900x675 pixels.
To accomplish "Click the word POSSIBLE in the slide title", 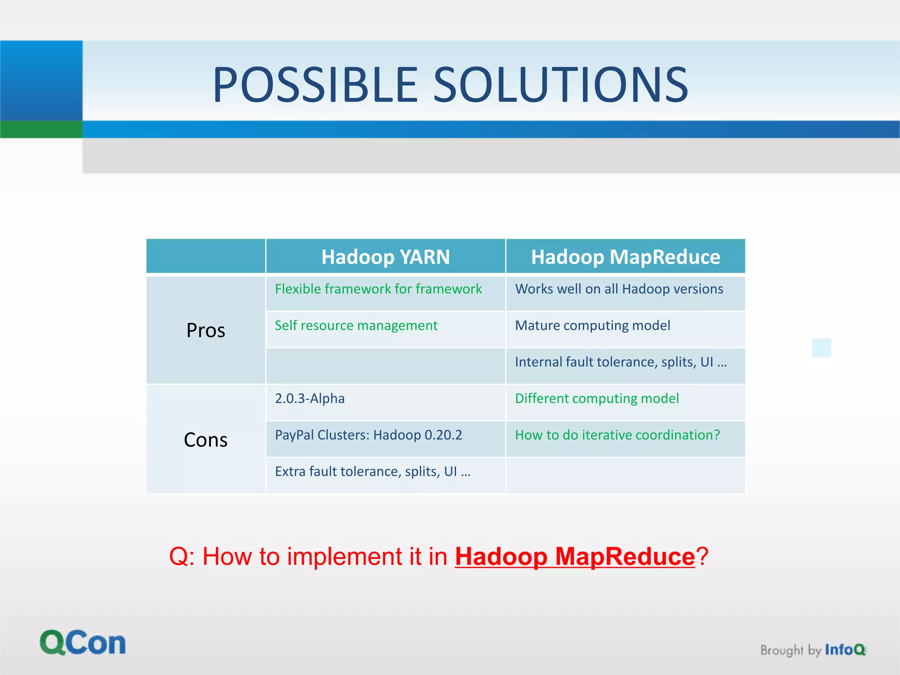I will pyautogui.click(x=315, y=84).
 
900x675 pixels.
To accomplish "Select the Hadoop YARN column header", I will pyautogui.click(x=385, y=257).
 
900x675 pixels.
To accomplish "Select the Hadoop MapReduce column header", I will pyautogui.click(x=625, y=257).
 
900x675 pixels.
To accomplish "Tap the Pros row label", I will pyautogui.click(x=206, y=330).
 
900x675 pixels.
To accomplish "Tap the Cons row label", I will pyautogui.click(x=206, y=439).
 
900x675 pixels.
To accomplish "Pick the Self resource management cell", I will pyautogui.click(x=356, y=326).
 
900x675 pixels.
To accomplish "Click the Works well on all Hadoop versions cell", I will pyautogui.click(x=619, y=289).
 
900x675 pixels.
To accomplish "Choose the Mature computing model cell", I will pyautogui.click(x=592, y=326).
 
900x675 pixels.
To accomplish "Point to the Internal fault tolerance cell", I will pyautogui.click(x=621, y=362).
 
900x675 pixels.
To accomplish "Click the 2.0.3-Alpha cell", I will pyautogui.click(x=310, y=399).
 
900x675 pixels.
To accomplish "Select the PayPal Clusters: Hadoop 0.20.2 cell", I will pyautogui.click(x=368, y=435).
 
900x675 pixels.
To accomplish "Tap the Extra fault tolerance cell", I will pyautogui.click(x=373, y=472).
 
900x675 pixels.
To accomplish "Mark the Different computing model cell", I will pyautogui.click(x=597, y=399).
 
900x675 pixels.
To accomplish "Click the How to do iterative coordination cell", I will pyautogui.click(x=617, y=435).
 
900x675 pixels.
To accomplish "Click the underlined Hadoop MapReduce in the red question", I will pyautogui.click(x=575, y=556).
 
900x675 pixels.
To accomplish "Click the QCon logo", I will pyautogui.click(x=83, y=643).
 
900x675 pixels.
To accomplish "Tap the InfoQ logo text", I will pyautogui.click(x=845, y=650).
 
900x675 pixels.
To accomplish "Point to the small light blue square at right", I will pyautogui.click(x=821, y=348).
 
